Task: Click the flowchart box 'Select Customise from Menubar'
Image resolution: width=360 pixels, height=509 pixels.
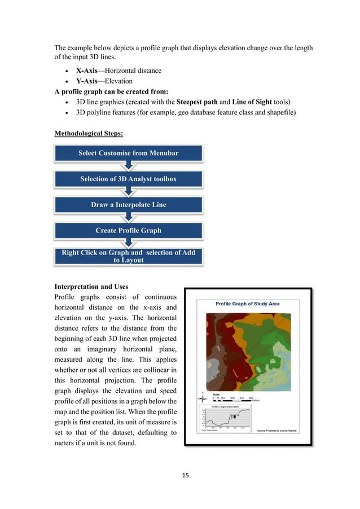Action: tap(128, 153)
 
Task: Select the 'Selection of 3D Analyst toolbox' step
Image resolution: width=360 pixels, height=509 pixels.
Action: tap(128, 179)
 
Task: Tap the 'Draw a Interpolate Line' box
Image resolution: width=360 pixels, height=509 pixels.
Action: tap(128, 205)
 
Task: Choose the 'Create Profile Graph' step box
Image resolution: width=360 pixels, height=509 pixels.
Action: tap(128, 230)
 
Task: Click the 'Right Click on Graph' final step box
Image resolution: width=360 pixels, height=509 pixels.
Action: tap(128, 256)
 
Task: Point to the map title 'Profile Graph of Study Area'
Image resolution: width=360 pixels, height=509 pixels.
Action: tap(247, 304)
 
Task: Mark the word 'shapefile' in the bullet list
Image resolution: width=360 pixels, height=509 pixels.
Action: tap(292, 113)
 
